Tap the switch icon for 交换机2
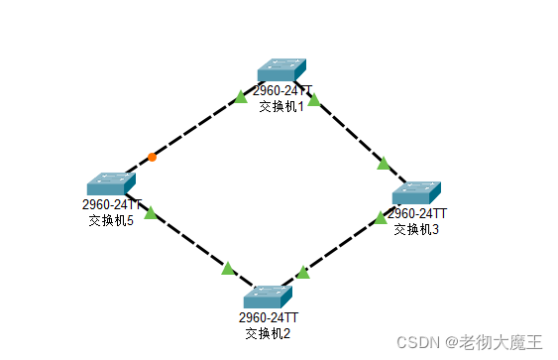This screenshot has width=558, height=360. coord(269,296)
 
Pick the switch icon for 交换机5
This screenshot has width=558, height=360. coord(110,184)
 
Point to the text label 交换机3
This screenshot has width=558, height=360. coord(414,228)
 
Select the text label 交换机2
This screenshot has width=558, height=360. coord(268,332)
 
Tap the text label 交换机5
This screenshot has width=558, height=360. coord(111,220)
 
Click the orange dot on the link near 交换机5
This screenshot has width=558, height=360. coord(152,157)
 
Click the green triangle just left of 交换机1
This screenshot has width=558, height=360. coord(240,97)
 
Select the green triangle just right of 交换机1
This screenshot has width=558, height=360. coord(314,99)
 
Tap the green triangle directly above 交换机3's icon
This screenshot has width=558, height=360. coord(384,164)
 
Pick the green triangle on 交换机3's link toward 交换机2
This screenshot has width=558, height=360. coord(380,218)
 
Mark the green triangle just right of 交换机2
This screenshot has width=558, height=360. coord(303,272)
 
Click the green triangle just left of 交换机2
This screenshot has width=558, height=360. coord(228,268)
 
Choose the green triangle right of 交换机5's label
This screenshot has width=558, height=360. coord(150,212)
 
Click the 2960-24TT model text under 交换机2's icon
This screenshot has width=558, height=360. coord(268,317)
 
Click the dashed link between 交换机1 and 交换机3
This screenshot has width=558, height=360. coord(349,131)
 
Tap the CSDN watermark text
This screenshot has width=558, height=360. coord(470,342)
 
